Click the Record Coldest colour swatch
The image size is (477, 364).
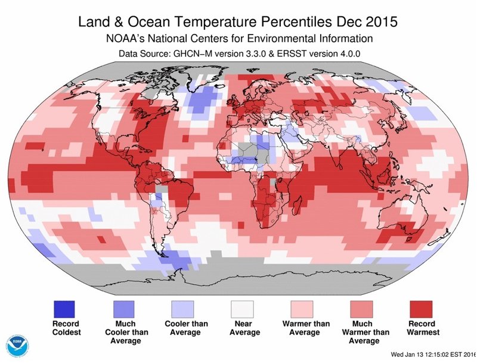[x=64, y=309]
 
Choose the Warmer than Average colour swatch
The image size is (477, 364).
[x=302, y=309]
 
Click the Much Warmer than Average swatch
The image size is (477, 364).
[x=362, y=309]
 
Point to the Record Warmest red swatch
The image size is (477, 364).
[x=422, y=309]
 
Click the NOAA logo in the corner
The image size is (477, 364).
[x=18, y=346]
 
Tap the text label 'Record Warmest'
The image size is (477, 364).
[x=422, y=328]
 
